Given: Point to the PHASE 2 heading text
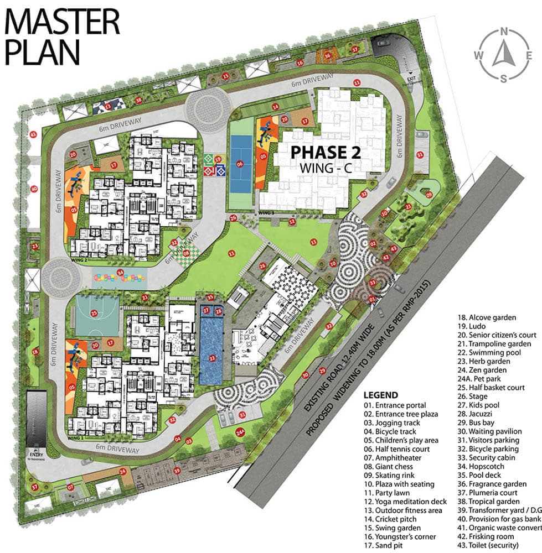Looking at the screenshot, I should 327,150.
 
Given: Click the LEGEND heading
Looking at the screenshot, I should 380,395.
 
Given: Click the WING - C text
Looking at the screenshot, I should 326,167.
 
